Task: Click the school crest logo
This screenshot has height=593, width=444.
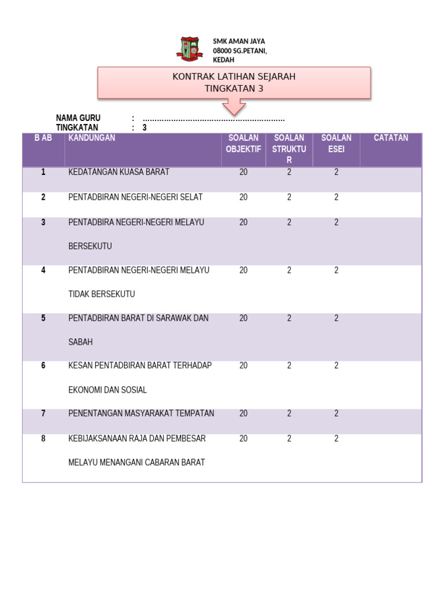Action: (x=188, y=49)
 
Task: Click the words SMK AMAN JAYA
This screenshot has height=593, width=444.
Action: (x=239, y=42)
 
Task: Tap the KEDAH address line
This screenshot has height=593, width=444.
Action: (x=224, y=60)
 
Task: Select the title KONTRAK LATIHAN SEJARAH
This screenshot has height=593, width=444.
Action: (x=234, y=77)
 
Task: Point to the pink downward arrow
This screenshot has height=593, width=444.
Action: (x=234, y=107)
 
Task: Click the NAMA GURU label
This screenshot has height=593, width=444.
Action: (x=78, y=118)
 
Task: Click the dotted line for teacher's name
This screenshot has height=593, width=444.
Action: (x=213, y=119)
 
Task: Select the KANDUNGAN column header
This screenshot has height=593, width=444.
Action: (x=91, y=138)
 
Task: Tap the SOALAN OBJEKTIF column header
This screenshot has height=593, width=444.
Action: (x=243, y=144)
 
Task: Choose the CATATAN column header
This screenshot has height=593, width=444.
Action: (x=391, y=138)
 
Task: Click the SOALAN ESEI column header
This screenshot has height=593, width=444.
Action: (x=336, y=144)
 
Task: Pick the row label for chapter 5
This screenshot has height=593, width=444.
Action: (x=43, y=318)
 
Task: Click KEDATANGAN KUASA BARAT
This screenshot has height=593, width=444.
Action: (x=119, y=172)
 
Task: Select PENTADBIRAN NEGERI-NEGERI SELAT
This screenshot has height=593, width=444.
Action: (x=135, y=197)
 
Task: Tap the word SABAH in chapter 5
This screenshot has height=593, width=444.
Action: (x=80, y=342)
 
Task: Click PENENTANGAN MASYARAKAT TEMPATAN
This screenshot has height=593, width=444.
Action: (x=141, y=413)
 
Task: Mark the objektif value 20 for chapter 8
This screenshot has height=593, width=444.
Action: (x=243, y=438)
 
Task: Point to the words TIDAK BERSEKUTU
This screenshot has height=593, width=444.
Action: (x=102, y=294)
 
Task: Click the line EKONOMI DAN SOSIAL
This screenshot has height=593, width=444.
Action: (x=108, y=390)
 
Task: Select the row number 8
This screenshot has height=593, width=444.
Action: (x=43, y=438)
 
